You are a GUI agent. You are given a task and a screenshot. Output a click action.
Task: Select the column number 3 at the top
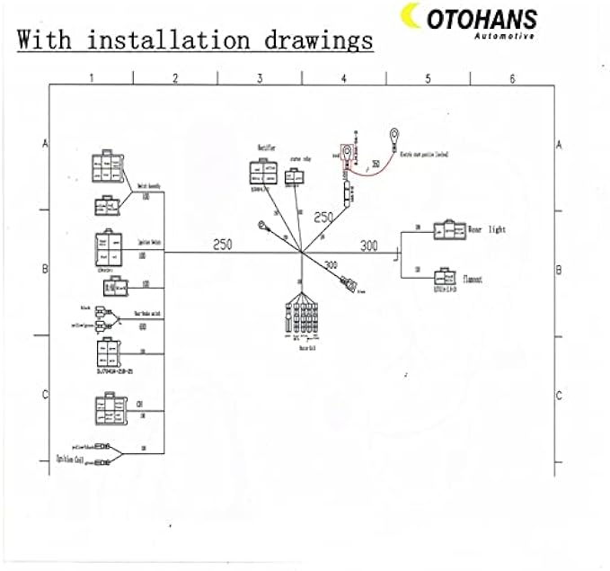click(x=260, y=79)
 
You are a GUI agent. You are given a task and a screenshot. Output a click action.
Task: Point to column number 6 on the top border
click(x=512, y=79)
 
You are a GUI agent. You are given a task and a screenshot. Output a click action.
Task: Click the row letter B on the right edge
click(x=559, y=269)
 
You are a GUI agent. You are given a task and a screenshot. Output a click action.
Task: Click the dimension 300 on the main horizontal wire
click(x=369, y=245)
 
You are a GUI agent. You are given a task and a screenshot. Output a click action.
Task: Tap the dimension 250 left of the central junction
click(x=223, y=244)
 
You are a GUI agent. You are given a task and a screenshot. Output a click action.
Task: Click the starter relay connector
click(x=292, y=178)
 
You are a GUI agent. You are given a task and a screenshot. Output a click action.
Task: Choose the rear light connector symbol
click(x=446, y=230)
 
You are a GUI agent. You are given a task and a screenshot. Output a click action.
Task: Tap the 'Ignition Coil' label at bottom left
click(x=69, y=456)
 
